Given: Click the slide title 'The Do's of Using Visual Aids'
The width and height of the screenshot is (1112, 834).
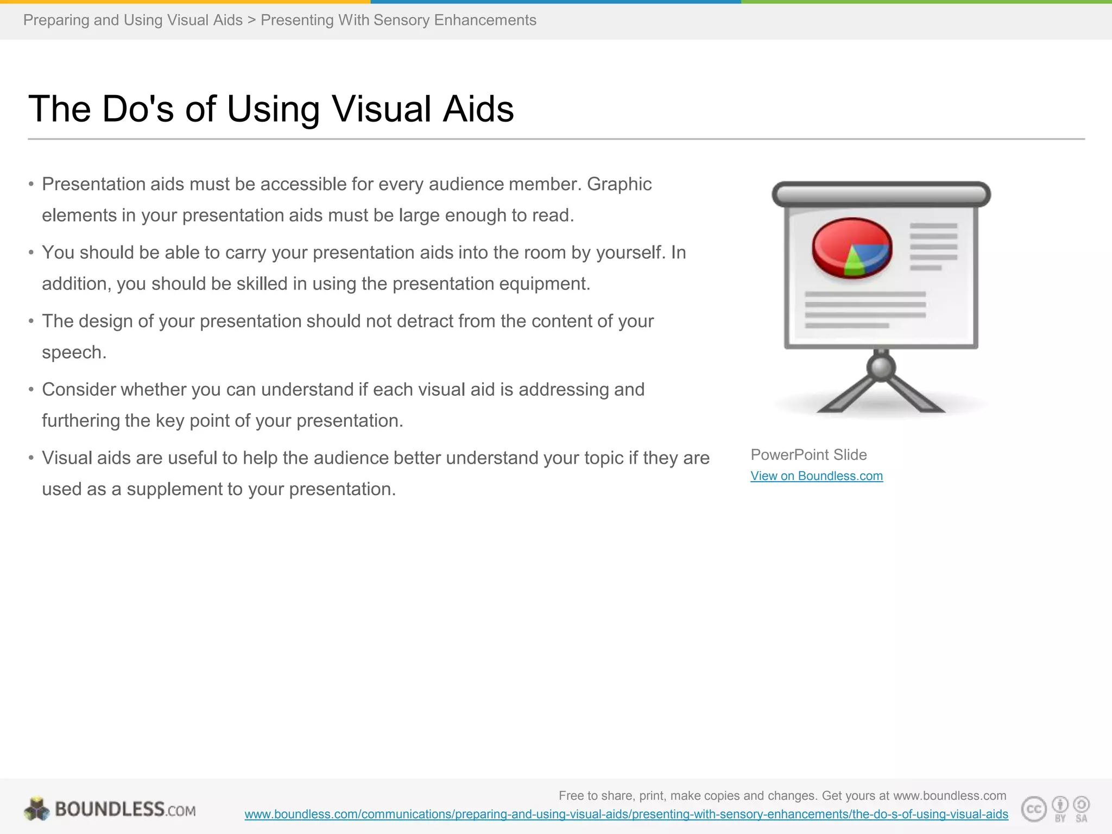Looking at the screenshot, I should [x=270, y=109].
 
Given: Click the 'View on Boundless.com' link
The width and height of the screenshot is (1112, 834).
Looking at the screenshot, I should [x=816, y=476].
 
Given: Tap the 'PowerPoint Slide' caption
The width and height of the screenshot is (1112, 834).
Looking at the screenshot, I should [x=808, y=454].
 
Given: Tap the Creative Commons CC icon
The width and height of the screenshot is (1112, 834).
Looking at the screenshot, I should [x=1034, y=809].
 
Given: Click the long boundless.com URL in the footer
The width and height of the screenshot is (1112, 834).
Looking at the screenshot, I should [x=626, y=814].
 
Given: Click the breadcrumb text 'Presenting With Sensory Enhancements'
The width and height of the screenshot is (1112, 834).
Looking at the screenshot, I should [x=398, y=20].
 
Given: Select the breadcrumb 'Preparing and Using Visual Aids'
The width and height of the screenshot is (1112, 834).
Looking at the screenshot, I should [x=132, y=20].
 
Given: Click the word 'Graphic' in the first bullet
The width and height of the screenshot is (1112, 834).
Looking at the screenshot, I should [x=619, y=184].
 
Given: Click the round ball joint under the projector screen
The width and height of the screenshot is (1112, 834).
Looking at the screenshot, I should [x=881, y=368].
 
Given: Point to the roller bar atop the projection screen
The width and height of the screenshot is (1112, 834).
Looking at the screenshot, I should [x=881, y=194].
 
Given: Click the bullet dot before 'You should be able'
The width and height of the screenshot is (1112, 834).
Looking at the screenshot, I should [x=31, y=252].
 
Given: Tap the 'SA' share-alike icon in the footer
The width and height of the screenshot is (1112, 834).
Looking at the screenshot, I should [x=1081, y=808].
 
